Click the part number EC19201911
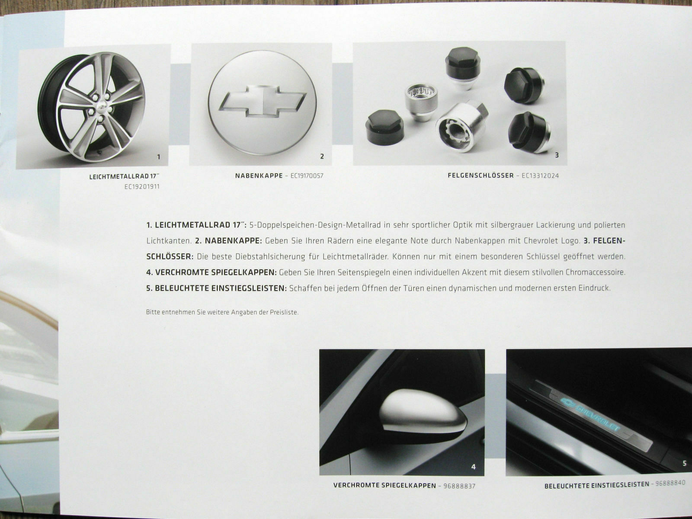[x=142, y=187]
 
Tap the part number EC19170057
[x=307, y=176]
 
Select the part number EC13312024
[x=540, y=176]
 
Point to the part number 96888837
[x=459, y=486]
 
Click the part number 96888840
[x=670, y=483]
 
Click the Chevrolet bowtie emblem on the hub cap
[x=262, y=101]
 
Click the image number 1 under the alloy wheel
[x=159, y=157]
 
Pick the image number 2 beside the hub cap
[x=322, y=156]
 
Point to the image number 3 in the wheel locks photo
[x=557, y=155]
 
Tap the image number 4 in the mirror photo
[x=473, y=467]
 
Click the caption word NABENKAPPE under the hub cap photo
[x=259, y=176]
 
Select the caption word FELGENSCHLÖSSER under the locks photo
[x=481, y=176]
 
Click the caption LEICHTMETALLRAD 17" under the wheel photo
[x=122, y=177]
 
